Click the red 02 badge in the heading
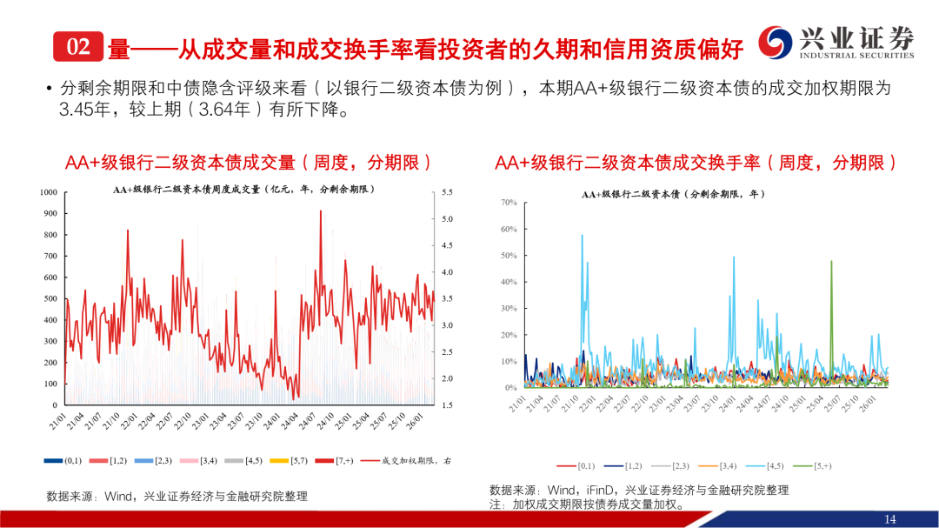click(x=77, y=47)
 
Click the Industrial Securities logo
click(x=836, y=42)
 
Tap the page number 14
click(x=889, y=519)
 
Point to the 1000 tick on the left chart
click(x=48, y=192)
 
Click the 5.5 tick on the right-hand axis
click(x=448, y=192)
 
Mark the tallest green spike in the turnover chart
click(x=831, y=262)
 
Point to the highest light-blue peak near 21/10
click(x=583, y=236)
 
